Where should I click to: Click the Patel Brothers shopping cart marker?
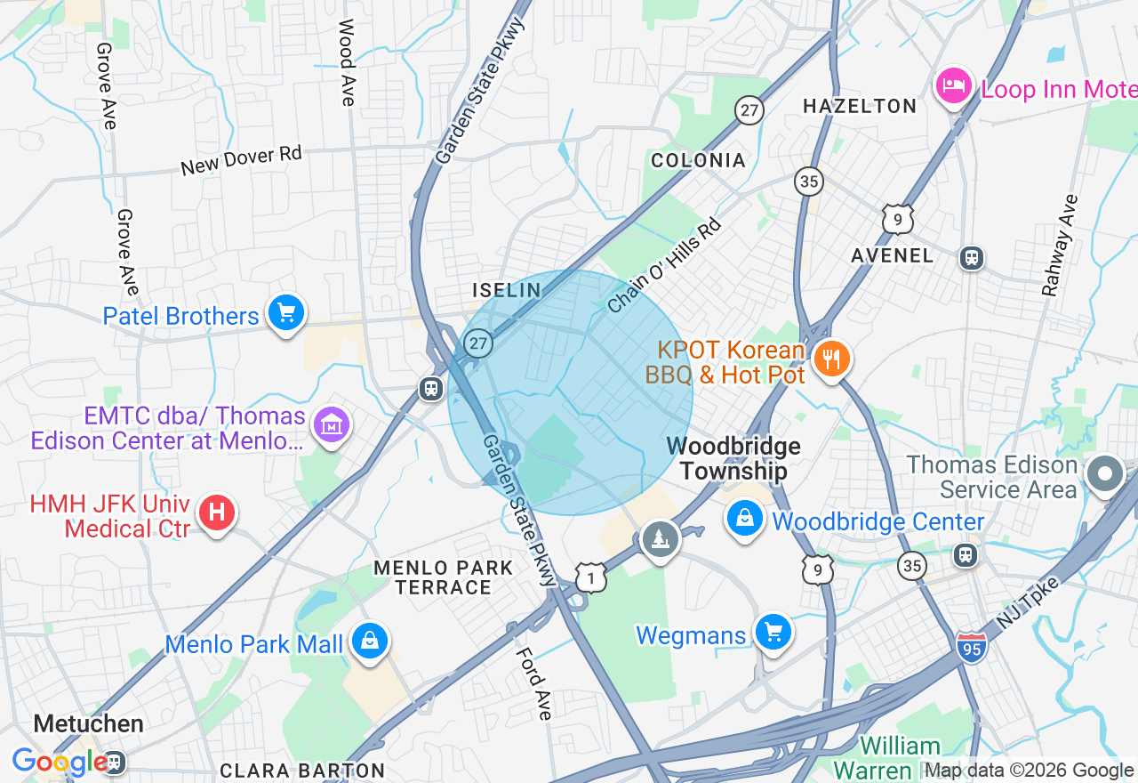285,314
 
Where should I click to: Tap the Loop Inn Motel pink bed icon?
953,87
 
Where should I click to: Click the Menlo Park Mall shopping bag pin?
369,642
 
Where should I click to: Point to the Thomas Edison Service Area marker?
1105,474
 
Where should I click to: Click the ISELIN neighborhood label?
506,290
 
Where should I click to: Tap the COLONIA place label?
698,161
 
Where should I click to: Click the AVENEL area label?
892,256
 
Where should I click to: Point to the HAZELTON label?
859,107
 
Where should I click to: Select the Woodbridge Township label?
733,459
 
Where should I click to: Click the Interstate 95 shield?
972,647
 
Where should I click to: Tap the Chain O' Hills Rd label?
664,265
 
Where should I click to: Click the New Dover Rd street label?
241,160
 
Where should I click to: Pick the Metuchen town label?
88,723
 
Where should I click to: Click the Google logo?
59,762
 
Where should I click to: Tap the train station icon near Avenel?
972,258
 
